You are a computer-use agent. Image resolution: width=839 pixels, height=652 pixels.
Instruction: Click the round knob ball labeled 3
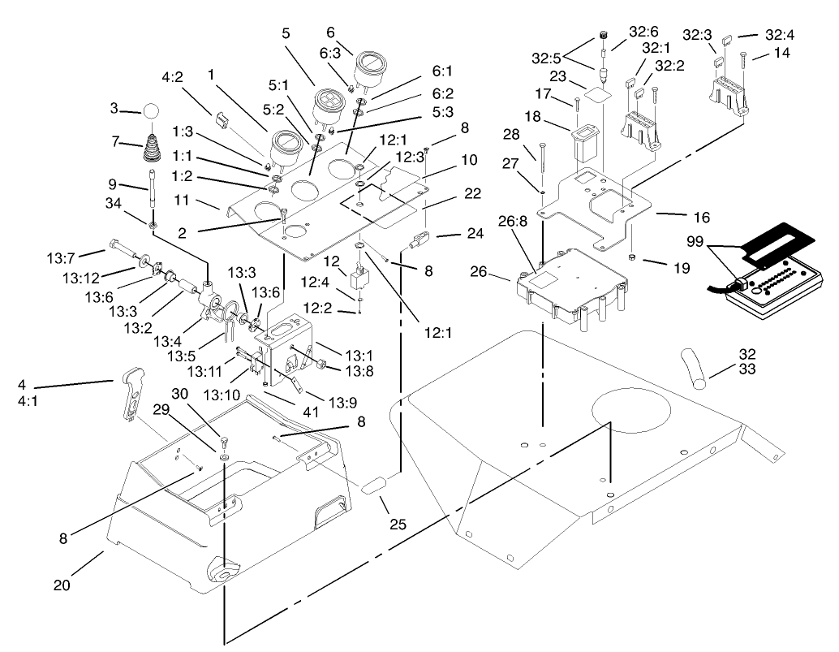152,111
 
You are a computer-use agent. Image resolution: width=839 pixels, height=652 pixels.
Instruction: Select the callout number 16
701,218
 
